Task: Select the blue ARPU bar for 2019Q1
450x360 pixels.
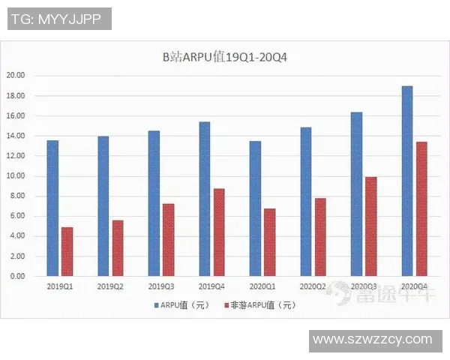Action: pos(52,208)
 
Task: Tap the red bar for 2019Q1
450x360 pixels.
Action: pos(67,251)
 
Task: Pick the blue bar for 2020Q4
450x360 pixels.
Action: pos(407,181)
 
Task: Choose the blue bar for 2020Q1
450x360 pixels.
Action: pos(255,208)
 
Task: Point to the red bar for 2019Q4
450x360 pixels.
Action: pos(220,232)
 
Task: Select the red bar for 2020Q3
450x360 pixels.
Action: pos(371,226)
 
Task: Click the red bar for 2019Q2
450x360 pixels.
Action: pos(118,247)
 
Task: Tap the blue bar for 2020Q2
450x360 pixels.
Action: pos(306,201)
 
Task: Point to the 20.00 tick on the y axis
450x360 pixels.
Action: pos(16,76)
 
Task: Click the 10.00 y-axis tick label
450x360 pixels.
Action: pos(16,176)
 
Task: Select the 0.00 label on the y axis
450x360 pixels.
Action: pos(18,276)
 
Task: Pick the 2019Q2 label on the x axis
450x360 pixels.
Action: pos(110,286)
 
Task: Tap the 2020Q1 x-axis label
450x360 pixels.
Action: pos(262,286)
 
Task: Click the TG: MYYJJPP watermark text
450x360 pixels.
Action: pos(59,19)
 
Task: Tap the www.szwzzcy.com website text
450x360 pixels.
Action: pos(373,340)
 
